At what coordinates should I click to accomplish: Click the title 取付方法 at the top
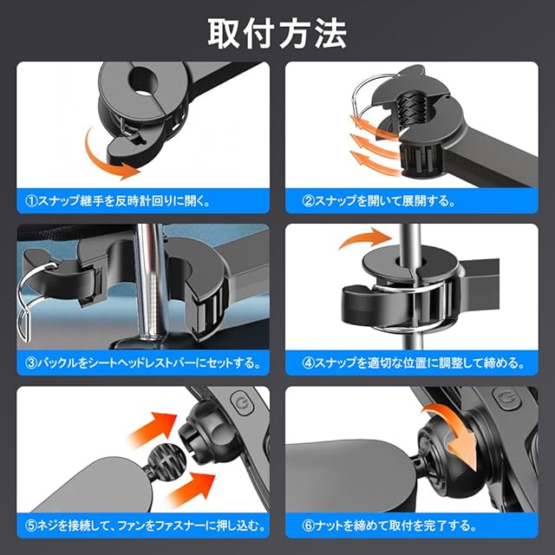pyautogui.click(x=277, y=34)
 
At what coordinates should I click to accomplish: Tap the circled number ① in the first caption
pyautogui.click(x=32, y=201)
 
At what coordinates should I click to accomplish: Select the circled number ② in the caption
pyautogui.click(x=309, y=201)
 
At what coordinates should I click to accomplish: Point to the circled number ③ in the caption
pyautogui.click(x=32, y=362)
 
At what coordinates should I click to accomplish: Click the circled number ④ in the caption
pyautogui.click(x=309, y=362)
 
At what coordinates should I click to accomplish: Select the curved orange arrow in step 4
pyautogui.click(x=364, y=237)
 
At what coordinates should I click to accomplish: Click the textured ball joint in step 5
pyautogui.click(x=166, y=459)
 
